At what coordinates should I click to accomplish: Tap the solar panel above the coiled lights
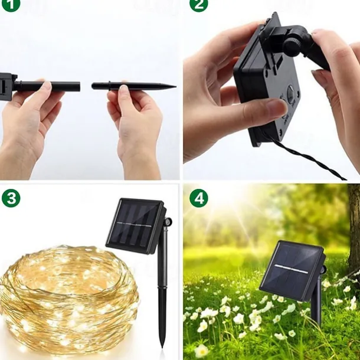135,224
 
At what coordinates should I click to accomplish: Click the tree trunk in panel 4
354,230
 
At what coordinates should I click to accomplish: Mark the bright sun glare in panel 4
221,204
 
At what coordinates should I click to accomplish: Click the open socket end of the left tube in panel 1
78,86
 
